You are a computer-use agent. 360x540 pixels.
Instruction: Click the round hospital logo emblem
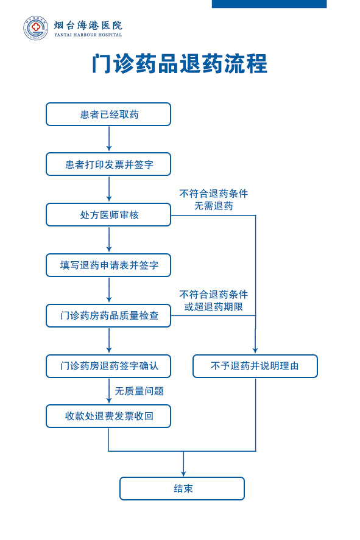point(35,28)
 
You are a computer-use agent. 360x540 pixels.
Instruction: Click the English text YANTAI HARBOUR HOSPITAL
point(88,35)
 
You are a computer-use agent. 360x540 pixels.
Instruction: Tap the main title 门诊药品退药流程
point(180,64)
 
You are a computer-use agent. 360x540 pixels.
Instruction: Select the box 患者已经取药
point(108,114)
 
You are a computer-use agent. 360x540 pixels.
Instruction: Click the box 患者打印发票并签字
point(108,164)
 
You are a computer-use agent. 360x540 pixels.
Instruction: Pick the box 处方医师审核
point(108,215)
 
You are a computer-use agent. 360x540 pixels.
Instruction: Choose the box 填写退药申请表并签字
point(108,265)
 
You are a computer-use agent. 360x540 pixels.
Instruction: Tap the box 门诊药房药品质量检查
point(108,315)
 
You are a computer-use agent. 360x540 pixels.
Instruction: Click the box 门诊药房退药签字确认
point(108,366)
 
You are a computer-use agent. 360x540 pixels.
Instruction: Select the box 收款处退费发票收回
point(108,416)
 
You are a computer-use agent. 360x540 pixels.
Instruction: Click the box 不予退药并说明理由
point(255,366)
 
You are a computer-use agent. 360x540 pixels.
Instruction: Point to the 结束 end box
point(182,489)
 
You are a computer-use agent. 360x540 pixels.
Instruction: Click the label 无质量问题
point(139,391)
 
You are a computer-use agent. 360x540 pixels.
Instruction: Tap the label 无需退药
point(214,206)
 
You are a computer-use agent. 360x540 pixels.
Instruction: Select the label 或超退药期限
point(214,306)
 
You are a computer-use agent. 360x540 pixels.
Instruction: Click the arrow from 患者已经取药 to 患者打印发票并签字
point(109,139)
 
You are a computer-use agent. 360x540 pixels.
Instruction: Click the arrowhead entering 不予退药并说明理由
point(255,351)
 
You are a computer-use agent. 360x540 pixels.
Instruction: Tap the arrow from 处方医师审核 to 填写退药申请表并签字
point(109,239)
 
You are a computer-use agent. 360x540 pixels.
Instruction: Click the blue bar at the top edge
point(269,4)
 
